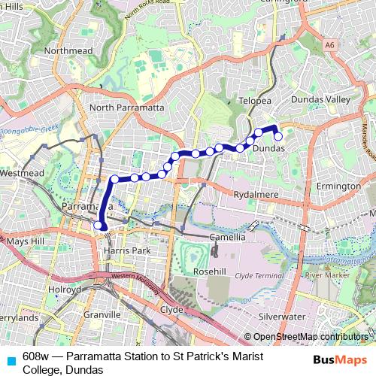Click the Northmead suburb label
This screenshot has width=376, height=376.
coord(68,51)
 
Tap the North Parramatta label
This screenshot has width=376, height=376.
coord(126,108)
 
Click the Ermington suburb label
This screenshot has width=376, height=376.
coord(338,186)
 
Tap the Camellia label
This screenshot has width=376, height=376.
coord(227,237)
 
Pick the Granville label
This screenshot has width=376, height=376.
coord(102,314)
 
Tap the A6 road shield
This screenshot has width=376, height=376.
coord(329,45)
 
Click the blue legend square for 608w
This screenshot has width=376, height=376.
coord(10,359)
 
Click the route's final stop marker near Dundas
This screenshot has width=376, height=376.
coord(277,136)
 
